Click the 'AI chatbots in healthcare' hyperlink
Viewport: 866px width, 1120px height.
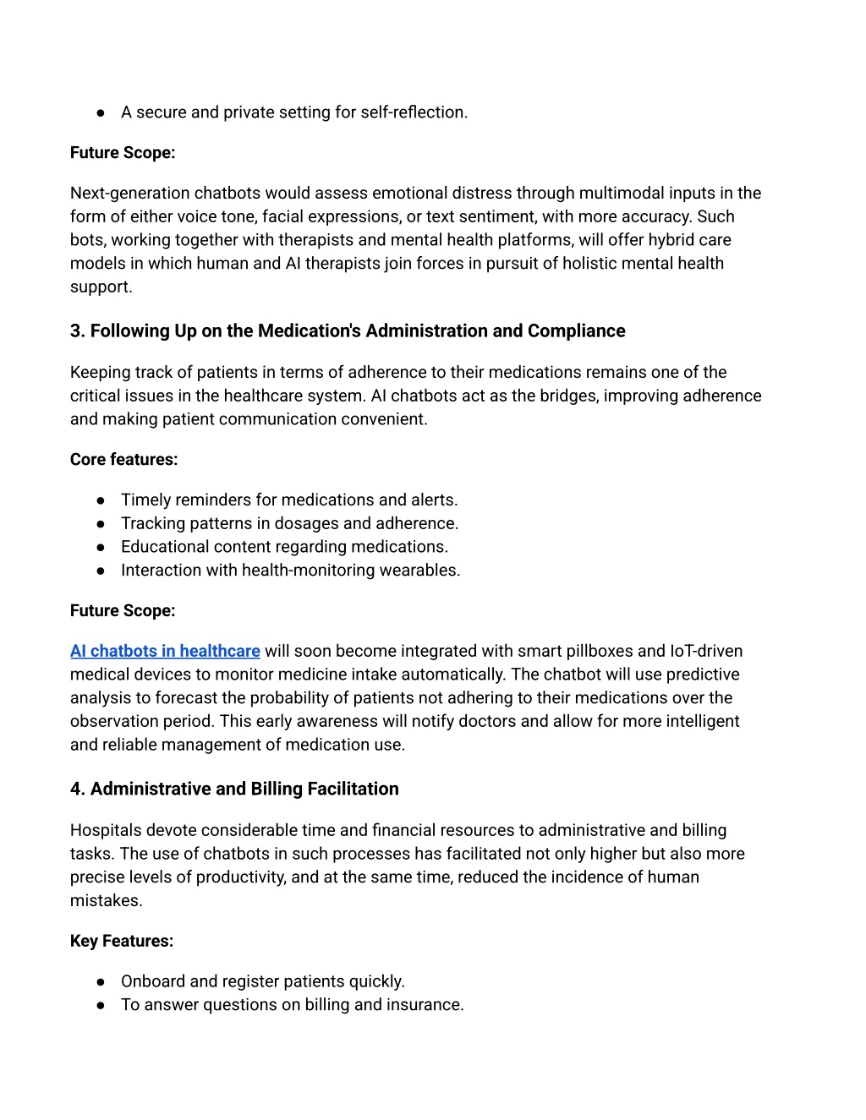(x=165, y=651)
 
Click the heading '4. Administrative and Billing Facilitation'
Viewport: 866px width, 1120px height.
(x=234, y=789)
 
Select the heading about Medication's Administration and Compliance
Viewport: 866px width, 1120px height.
(x=348, y=331)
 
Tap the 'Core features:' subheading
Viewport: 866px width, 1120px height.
(x=124, y=459)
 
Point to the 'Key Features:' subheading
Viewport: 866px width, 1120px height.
(x=122, y=941)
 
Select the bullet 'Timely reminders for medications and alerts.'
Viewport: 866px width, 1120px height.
(x=289, y=500)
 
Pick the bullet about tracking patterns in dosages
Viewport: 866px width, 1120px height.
(x=289, y=523)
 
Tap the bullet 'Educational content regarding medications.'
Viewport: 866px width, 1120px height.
(x=284, y=546)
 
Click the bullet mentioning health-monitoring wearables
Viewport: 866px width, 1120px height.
(x=290, y=570)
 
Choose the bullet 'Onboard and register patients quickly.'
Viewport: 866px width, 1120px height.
(x=263, y=981)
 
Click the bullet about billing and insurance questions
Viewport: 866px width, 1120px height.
(x=292, y=1004)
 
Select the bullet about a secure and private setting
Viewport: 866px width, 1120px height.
(x=293, y=112)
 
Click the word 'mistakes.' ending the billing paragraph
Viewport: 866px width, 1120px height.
(x=107, y=900)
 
